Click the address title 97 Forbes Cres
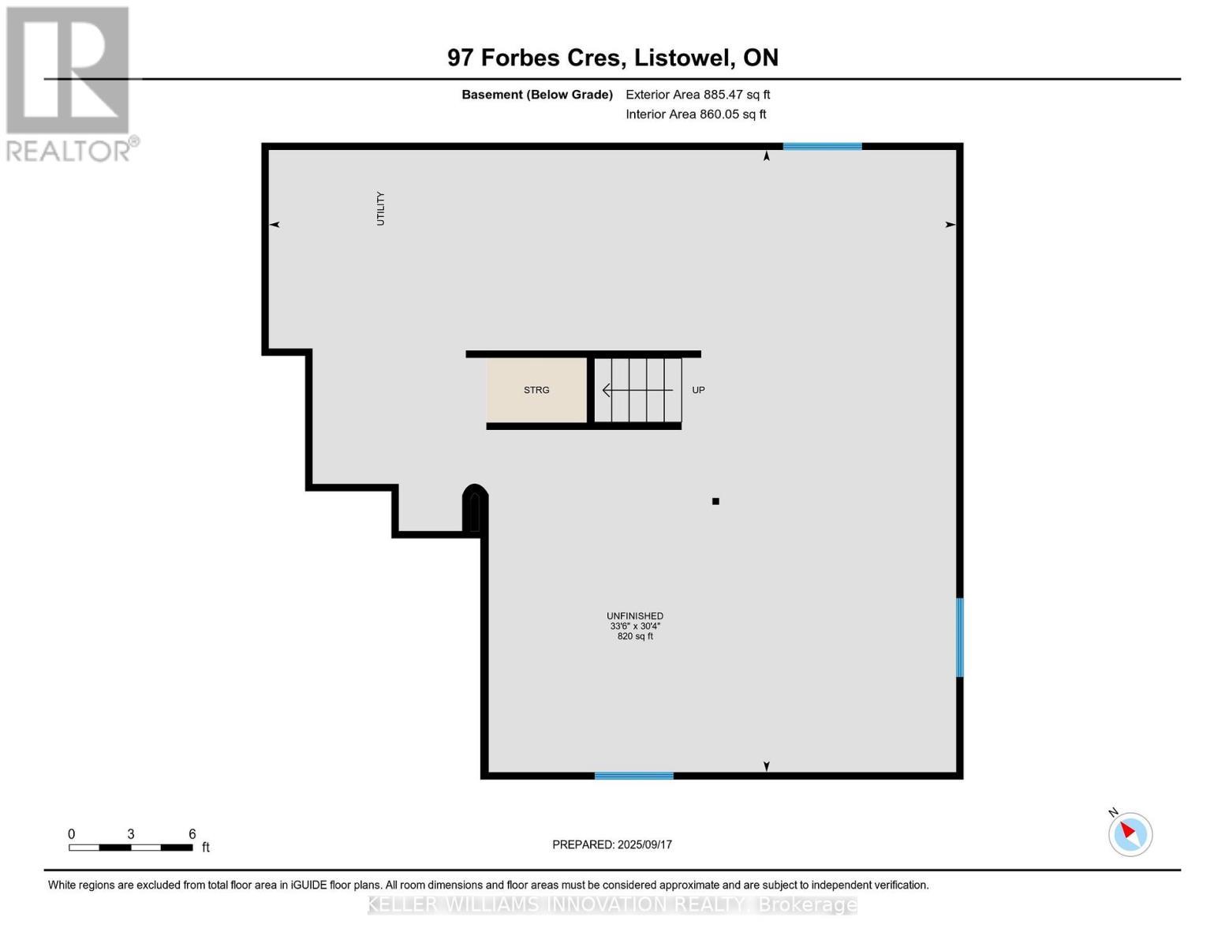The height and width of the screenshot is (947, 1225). (612, 58)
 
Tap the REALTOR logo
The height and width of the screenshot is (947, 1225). (69, 84)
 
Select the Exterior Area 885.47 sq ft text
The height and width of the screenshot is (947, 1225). (697, 95)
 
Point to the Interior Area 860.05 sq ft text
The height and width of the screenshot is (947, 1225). (696, 114)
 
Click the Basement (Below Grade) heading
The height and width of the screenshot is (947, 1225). (536, 95)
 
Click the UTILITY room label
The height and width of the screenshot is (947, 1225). (380, 208)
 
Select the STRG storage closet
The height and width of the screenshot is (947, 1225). (536, 390)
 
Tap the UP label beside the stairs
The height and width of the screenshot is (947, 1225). (698, 390)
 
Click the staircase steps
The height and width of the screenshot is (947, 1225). (638, 390)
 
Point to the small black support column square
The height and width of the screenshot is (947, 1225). (715, 501)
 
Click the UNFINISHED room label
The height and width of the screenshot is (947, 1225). (634, 616)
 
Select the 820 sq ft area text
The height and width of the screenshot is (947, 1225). (634, 636)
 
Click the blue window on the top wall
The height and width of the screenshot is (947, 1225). (822, 146)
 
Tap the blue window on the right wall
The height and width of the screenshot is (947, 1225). (959, 637)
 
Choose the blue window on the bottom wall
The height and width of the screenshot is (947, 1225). (633, 776)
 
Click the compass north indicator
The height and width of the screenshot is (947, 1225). (1130, 833)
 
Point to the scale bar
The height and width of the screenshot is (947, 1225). (130, 848)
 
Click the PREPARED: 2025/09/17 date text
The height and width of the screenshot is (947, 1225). (612, 844)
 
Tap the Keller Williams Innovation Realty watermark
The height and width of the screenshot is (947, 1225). (612, 904)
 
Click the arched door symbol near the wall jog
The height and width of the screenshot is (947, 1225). (474, 509)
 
